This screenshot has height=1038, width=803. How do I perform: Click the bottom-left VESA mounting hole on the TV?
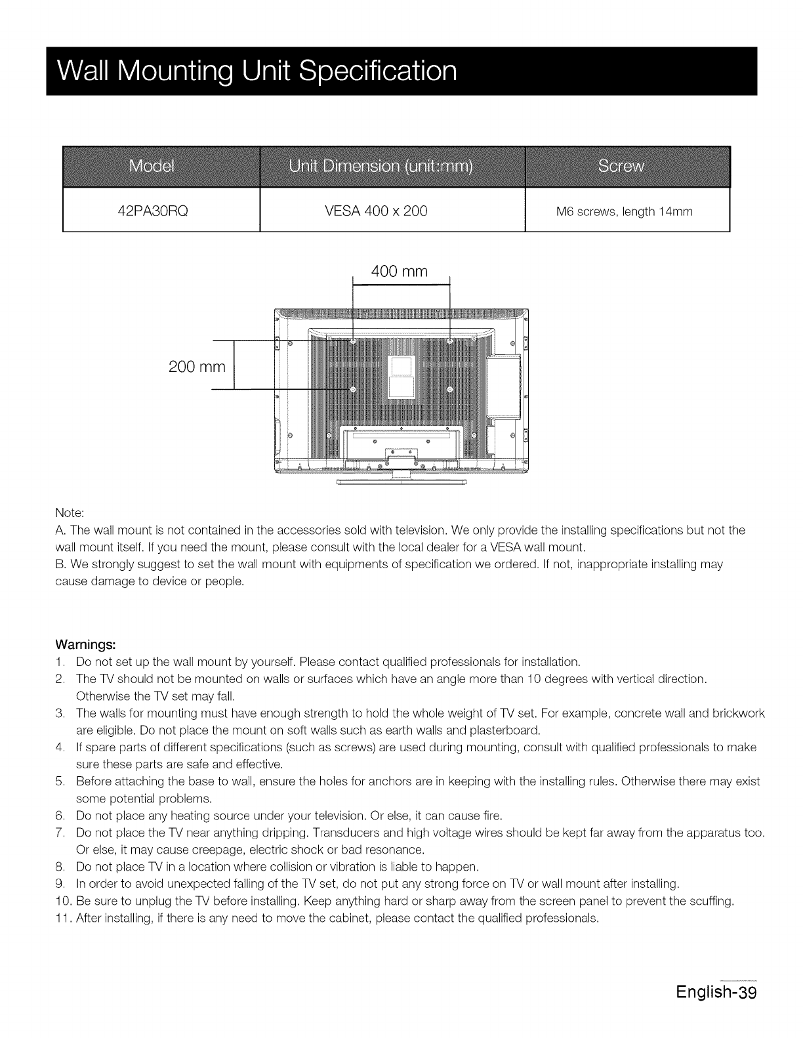353,389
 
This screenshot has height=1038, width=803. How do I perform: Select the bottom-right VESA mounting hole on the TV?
450,389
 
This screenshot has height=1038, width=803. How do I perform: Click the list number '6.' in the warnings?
60,816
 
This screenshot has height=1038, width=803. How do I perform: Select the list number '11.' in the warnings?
63,917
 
